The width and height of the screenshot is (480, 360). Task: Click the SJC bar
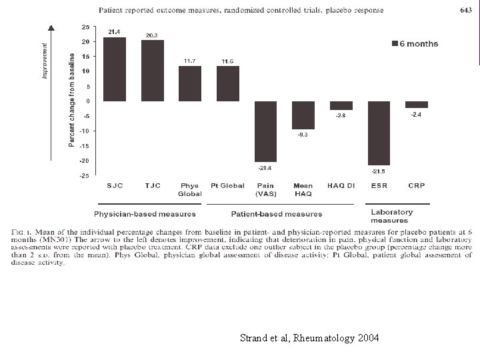point(115,69)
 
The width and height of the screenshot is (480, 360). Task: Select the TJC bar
point(153,71)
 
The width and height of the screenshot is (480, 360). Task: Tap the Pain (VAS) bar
point(265,131)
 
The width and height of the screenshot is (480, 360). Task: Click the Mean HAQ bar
point(303,115)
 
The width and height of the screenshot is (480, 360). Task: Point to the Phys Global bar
point(190,83)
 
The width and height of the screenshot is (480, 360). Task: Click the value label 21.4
point(115,32)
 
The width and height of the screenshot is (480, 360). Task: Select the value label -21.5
point(380,171)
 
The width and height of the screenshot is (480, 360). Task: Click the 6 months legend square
point(394,45)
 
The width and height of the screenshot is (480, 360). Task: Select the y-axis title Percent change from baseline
point(71,100)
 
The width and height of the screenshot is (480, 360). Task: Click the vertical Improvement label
point(45,60)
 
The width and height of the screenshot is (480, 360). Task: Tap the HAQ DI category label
point(341,185)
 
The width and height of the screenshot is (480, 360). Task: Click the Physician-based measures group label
point(145,214)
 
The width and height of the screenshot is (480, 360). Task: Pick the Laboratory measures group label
point(391,216)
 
